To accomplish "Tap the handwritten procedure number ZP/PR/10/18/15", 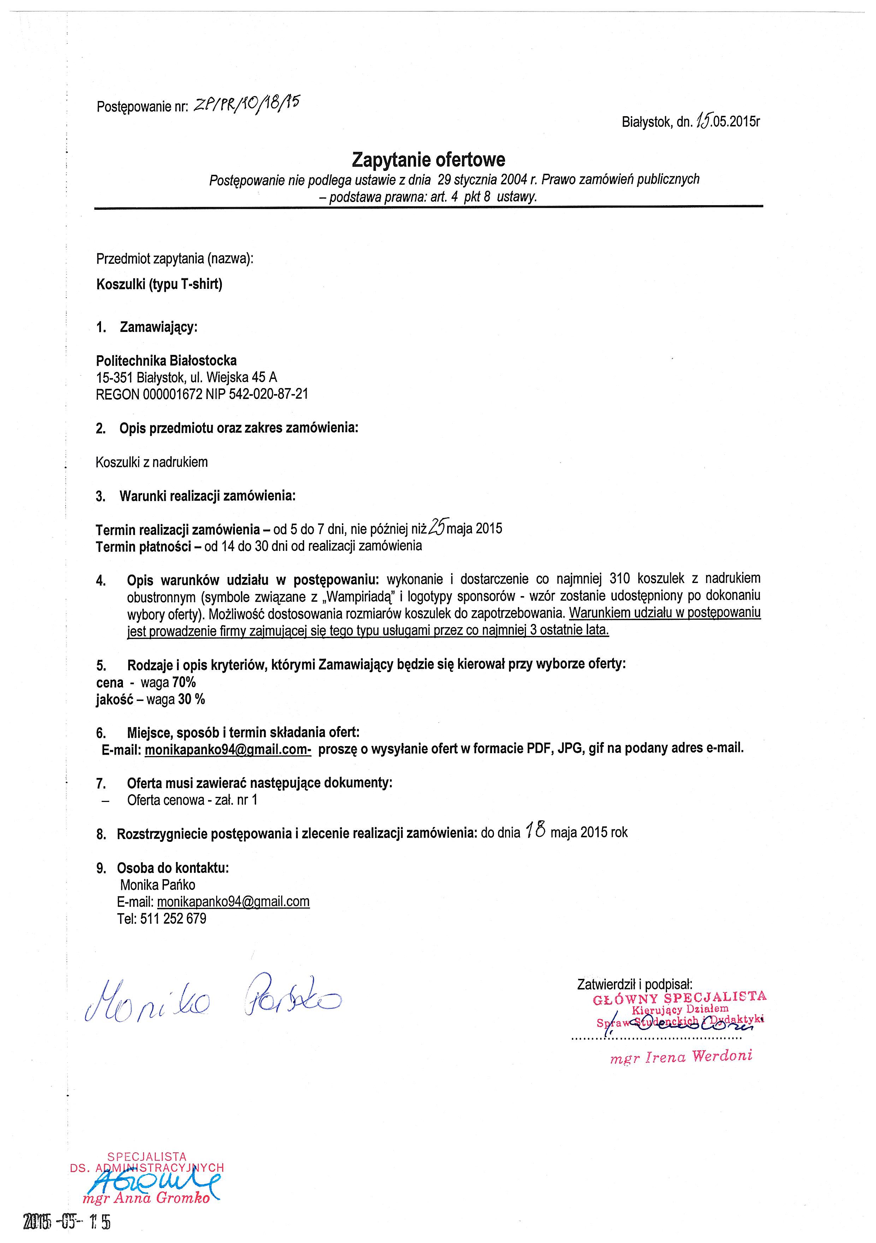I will point(246,103).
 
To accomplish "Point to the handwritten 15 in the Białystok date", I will point(703,121).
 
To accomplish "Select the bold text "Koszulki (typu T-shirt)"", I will point(159,284).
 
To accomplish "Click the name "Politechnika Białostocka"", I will point(166,361).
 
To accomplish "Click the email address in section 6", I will point(227,749).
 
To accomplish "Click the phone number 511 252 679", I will point(173,919).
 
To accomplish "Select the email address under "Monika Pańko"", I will point(233,902).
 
